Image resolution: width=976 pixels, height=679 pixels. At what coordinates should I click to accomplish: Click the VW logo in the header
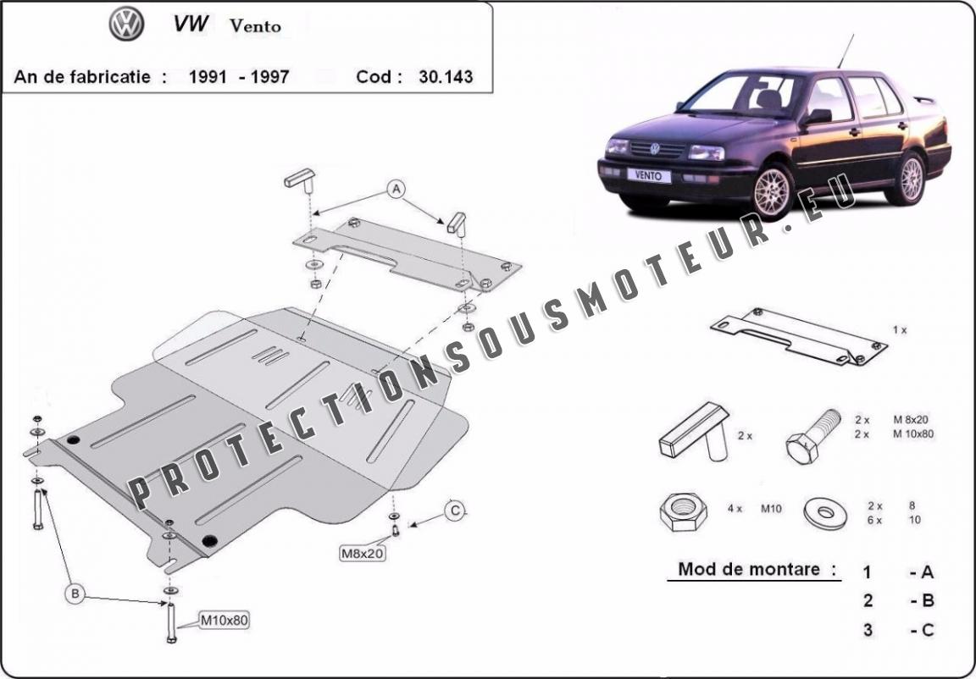coord(126,25)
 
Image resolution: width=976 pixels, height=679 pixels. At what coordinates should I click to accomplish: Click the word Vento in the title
coord(255,26)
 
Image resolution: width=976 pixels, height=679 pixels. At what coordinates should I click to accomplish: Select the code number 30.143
coord(446,76)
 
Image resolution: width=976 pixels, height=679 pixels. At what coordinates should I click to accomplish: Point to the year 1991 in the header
coord(208,76)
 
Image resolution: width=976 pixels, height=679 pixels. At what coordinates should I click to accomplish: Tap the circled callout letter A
coord(396,189)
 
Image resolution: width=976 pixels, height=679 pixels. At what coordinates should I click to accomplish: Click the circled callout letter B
coord(75,594)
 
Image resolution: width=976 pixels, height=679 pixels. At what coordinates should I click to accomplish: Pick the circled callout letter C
coord(455,511)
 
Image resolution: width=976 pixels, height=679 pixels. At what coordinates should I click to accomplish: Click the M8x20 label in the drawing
coord(362,552)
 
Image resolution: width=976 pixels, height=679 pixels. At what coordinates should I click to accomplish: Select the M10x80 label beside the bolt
coord(224,620)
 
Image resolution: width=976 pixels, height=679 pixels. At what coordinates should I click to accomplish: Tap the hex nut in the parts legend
coord(684,511)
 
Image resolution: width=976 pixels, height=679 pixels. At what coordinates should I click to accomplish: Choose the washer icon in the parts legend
coord(825,512)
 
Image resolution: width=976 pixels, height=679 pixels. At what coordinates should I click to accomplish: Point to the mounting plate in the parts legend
coord(799,336)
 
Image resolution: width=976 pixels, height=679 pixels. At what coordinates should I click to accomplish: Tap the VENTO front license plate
coord(649,175)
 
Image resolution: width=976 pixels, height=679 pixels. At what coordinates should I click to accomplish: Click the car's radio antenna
coord(846,51)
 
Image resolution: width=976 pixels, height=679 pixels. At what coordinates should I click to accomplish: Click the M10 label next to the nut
coord(771,509)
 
